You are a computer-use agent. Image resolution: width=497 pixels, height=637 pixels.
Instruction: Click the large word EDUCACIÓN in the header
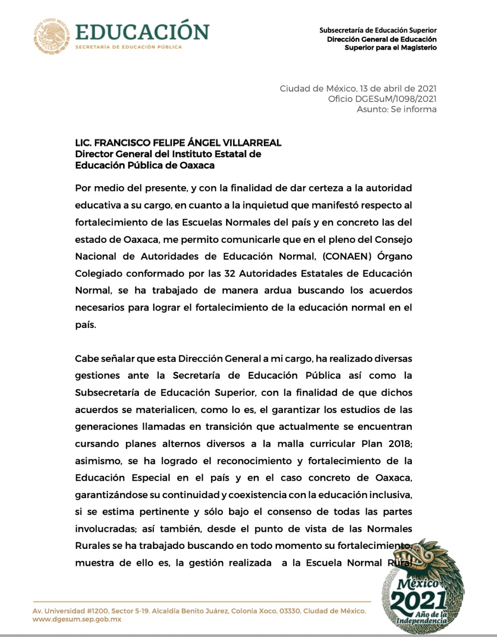pyautogui.click(x=142, y=32)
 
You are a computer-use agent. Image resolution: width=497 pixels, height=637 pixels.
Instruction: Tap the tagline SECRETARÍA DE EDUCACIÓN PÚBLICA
pyautogui.click(x=128, y=47)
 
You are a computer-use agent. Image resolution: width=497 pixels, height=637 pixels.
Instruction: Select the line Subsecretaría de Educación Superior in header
pyautogui.click(x=378, y=30)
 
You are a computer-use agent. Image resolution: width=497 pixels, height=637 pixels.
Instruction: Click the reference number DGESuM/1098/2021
pyautogui.click(x=396, y=99)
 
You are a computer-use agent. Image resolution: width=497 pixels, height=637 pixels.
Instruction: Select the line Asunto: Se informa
pyautogui.click(x=396, y=109)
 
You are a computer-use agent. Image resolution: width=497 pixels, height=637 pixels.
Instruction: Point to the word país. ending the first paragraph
pyautogui.click(x=85, y=325)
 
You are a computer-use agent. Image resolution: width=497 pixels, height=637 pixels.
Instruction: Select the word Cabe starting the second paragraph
pyautogui.click(x=87, y=359)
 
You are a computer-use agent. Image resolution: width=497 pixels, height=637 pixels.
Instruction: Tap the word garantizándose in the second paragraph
pyautogui.click(x=111, y=495)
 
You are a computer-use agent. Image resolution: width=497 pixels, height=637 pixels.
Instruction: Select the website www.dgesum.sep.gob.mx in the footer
pyautogui.click(x=77, y=620)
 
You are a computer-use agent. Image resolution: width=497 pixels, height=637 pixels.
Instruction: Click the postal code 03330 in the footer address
pyautogui.click(x=289, y=611)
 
